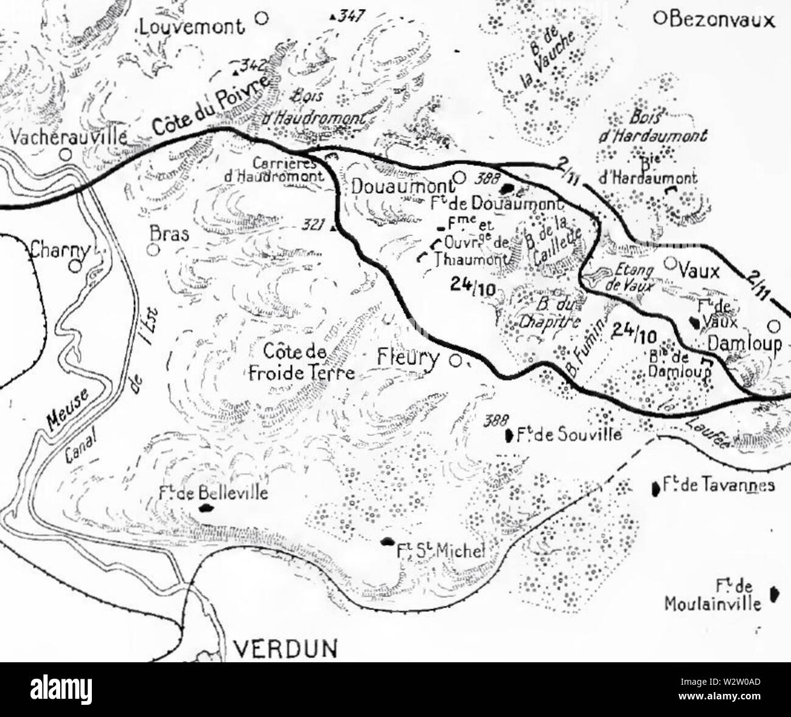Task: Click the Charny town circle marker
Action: [75, 266]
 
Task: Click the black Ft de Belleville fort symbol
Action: [203, 507]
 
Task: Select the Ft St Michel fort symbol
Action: [386, 541]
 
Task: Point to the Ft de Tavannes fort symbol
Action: [655, 487]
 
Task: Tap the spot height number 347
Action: [347, 16]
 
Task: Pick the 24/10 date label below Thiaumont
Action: [474, 283]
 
